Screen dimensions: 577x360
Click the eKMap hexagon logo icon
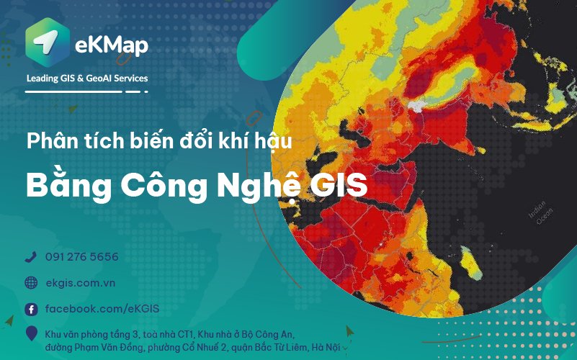(48, 42)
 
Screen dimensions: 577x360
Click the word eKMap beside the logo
(112, 45)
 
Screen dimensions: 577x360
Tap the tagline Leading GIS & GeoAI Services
(87, 78)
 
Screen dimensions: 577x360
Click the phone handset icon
(31, 256)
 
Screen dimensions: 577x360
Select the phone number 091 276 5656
(81, 256)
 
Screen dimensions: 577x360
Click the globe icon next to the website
(31, 283)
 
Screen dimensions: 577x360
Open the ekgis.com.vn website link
(81, 283)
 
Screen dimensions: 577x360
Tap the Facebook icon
(31, 310)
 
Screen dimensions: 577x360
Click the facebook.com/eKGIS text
(102, 308)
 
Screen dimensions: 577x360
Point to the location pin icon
(32, 333)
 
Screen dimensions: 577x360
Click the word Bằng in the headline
(69, 186)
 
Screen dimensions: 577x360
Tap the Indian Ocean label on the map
(541, 212)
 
